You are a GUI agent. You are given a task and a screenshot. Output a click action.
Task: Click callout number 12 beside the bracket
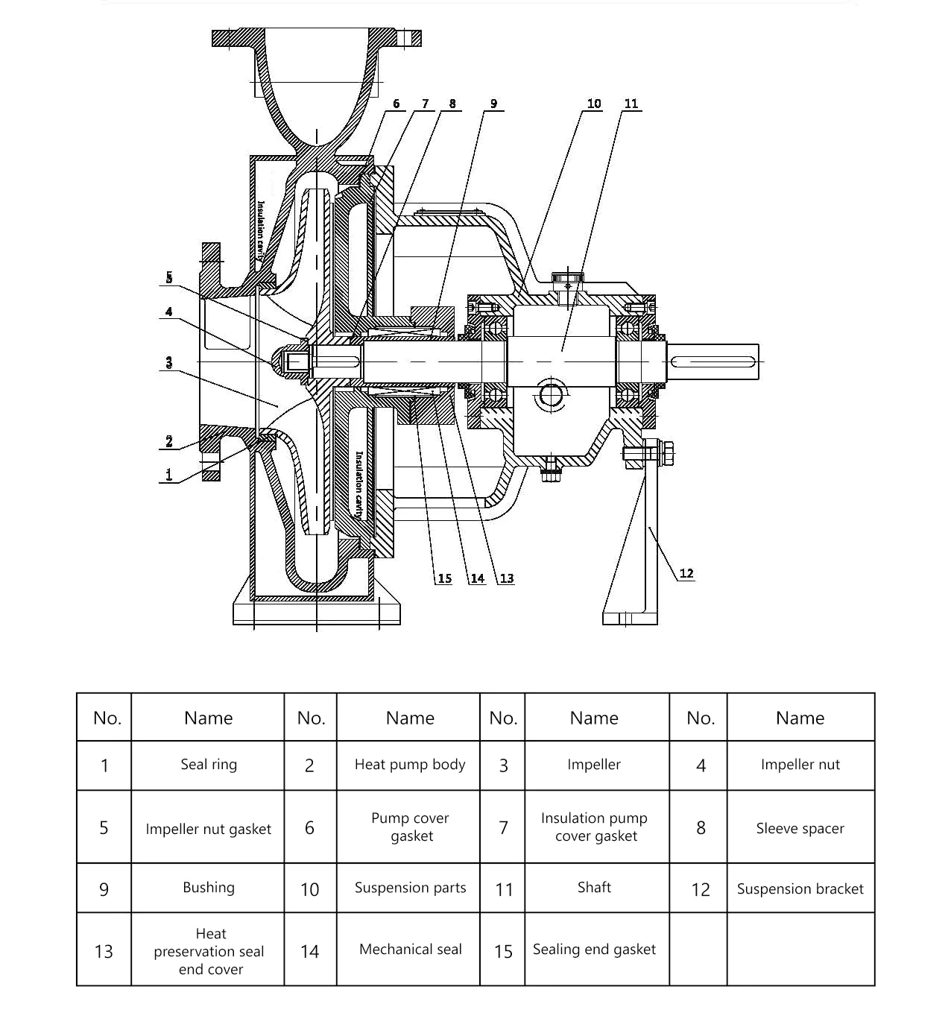(x=686, y=573)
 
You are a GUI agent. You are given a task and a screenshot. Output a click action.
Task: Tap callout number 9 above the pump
(x=493, y=104)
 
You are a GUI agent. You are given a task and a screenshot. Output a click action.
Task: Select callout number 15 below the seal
(x=444, y=578)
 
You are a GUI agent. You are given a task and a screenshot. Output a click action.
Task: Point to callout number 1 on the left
(x=169, y=474)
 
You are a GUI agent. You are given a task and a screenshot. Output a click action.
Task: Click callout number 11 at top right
(x=631, y=104)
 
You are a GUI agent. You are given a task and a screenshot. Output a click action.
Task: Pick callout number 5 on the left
(x=169, y=277)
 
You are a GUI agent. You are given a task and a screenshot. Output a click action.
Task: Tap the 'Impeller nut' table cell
(x=800, y=765)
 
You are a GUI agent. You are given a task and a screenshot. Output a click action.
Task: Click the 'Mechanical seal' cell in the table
(x=410, y=949)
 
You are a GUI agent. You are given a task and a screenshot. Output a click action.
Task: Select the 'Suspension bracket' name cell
(x=800, y=888)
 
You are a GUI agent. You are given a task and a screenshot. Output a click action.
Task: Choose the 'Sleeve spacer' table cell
(x=800, y=828)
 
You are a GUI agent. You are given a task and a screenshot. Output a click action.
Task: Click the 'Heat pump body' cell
(x=410, y=765)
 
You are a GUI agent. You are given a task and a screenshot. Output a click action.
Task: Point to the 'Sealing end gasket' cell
(x=594, y=949)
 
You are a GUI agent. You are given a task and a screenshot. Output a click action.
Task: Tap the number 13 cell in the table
(x=104, y=951)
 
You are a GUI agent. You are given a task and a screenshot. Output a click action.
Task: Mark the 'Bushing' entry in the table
(x=209, y=887)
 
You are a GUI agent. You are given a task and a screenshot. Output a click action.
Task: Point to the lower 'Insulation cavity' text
(x=359, y=485)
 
